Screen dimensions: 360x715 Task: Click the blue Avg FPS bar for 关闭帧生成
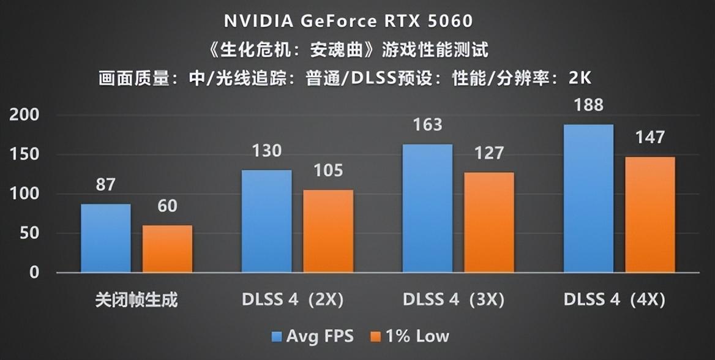[105, 238]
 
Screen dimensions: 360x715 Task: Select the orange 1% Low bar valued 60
[167, 249]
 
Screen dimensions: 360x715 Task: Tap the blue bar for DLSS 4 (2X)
[266, 221]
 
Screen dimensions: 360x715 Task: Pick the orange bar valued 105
[328, 231]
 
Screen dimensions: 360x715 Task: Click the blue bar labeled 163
[427, 208]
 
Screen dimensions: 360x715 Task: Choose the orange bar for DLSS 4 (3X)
[489, 222]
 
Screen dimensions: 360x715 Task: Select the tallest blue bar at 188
[588, 198]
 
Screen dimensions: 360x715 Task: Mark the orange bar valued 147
[649, 214]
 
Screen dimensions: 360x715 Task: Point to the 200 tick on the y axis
[24, 115]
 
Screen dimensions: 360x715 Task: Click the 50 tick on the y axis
[29, 233]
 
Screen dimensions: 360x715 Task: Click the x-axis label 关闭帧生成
[137, 300]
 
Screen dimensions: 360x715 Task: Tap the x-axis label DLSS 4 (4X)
[614, 300]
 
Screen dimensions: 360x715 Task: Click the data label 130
[266, 151]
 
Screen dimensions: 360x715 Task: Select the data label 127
[489, 152]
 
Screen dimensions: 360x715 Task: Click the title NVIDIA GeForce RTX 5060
[348, 21]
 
